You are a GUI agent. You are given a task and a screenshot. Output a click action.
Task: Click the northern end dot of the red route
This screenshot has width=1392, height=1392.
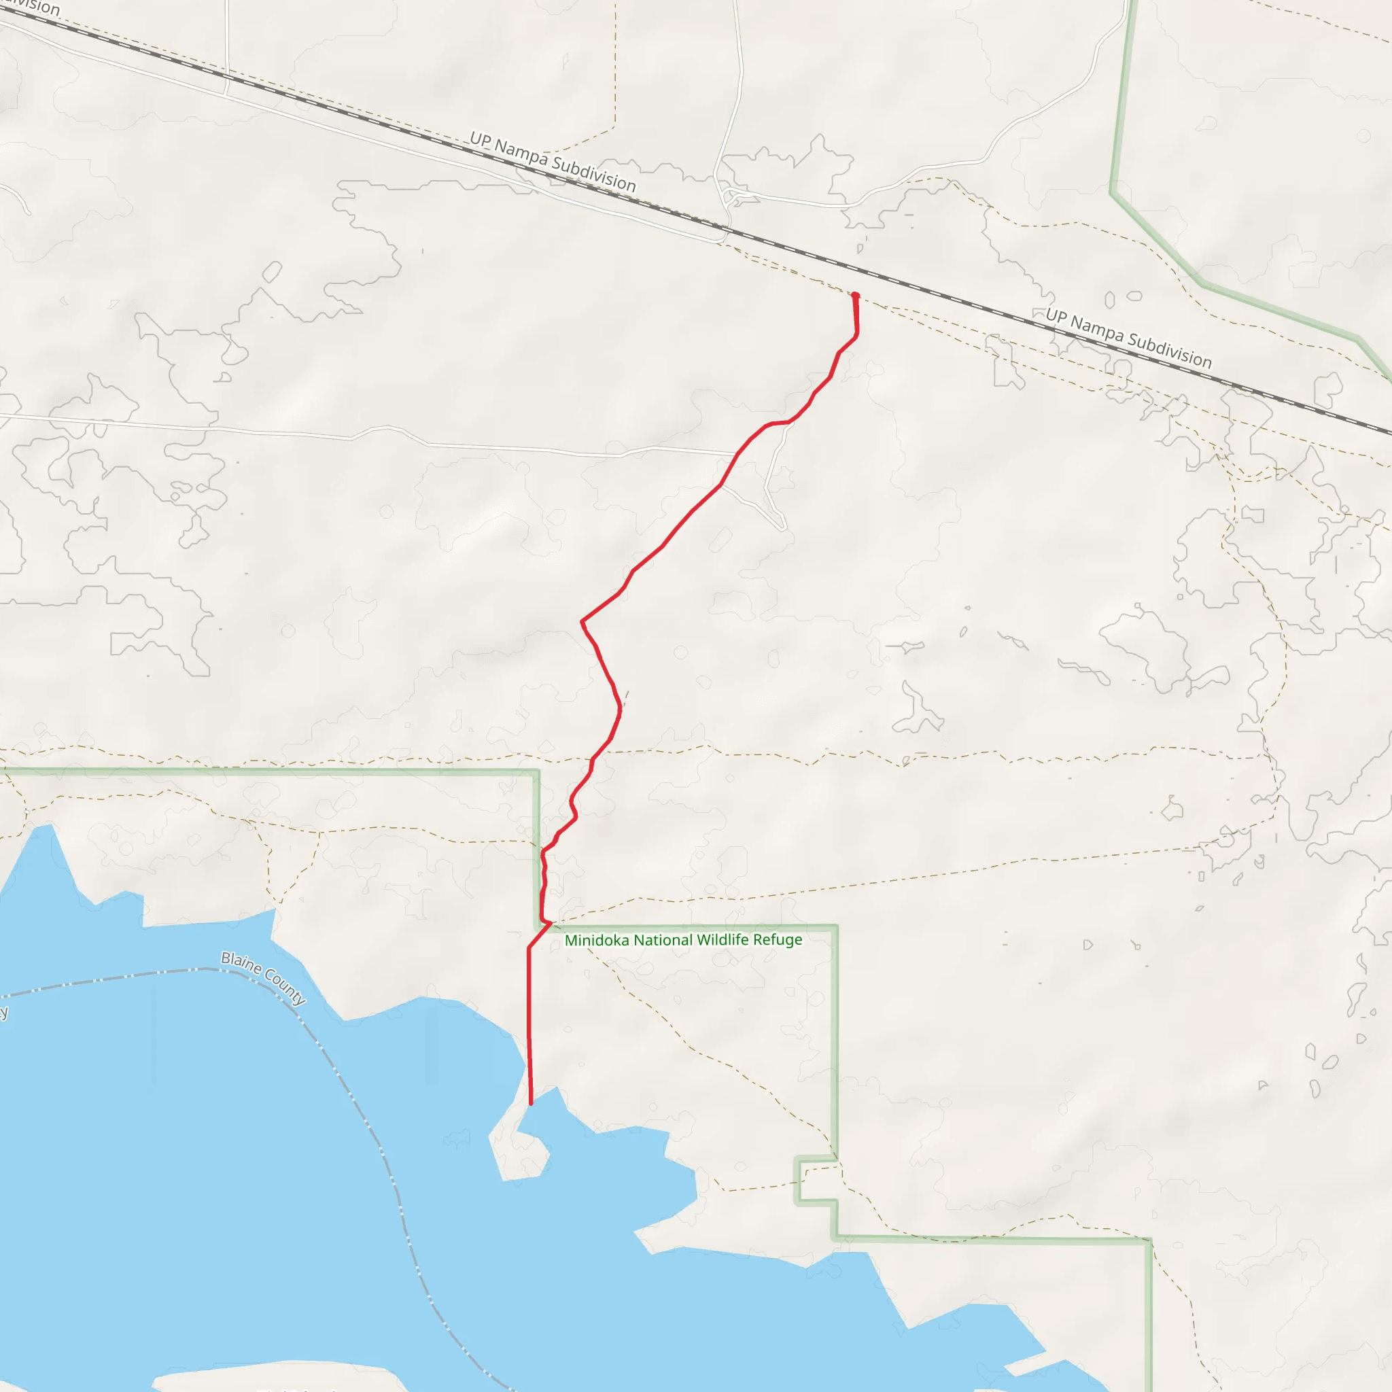(855, 296)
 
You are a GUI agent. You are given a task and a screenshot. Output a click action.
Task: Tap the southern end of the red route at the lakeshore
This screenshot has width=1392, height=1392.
(531, 1103)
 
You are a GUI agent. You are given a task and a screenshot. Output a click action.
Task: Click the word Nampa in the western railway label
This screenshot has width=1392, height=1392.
(521, 153)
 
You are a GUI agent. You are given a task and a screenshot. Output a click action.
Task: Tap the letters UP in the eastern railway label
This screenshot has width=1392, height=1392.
(1056, 315)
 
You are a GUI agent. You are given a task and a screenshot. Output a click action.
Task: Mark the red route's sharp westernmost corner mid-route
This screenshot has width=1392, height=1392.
(582, 621)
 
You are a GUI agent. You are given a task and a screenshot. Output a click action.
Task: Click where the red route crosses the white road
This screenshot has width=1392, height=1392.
(737, 455)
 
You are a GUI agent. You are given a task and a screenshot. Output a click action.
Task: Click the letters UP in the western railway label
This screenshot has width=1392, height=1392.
(480, 139)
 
